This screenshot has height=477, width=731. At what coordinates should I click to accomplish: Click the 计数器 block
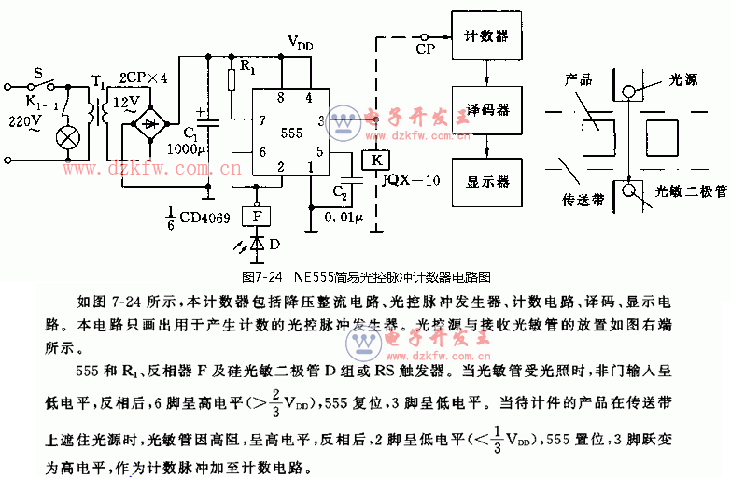click(x=486, y=36)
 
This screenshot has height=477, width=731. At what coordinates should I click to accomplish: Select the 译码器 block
click(x=486, y=110)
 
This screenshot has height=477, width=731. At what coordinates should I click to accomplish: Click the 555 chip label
click(x=290, y=133)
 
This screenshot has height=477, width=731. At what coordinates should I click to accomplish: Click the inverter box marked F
click(x=257, y=217)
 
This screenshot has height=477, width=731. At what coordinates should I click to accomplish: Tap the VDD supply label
click(x=300, y=43)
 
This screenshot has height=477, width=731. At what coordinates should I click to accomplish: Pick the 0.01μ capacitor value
click(x=342, y=217)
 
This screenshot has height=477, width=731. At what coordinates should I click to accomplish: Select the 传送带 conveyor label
click(x=583, y=201)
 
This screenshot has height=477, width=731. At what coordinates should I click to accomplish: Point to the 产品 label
click(x=579, y=80)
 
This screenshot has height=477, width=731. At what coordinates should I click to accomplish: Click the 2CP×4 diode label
click(x=143, y=78)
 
